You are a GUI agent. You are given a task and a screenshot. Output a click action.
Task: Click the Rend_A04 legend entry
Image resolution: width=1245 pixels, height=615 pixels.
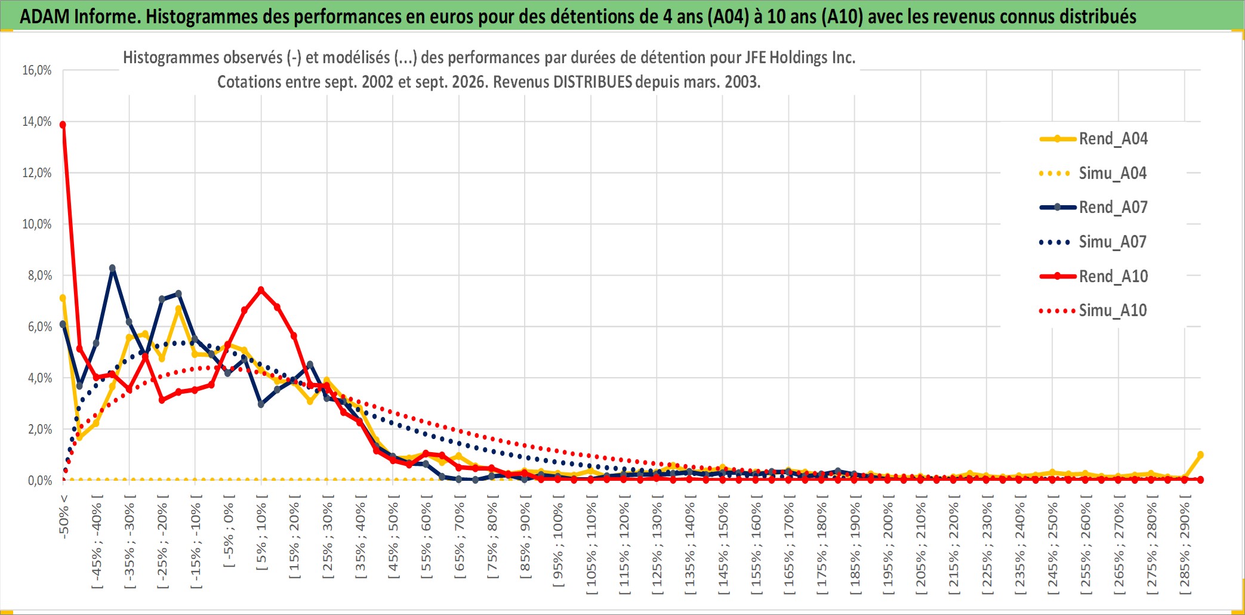coord(1093,138)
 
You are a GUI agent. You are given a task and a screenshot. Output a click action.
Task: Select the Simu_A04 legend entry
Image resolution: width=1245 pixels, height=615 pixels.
coord(1093,173)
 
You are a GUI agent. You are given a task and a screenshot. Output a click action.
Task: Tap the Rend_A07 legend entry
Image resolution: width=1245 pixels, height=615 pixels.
coord(1093,207)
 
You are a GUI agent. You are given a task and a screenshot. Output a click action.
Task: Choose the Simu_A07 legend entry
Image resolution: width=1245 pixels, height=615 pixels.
coord(1093,242)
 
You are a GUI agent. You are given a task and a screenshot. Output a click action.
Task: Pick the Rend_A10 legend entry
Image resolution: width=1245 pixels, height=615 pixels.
coord(1093,276)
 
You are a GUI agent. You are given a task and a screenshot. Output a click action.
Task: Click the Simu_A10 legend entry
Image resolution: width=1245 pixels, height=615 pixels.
coord(1093,310)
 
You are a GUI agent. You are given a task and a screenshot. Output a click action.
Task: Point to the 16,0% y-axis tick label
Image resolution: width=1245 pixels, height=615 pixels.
coord(37,70)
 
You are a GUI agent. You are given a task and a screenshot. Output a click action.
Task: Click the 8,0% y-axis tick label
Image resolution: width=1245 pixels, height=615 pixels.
coord(40,276)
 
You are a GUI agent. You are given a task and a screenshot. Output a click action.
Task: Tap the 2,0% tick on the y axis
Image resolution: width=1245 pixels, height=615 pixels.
coord(40,429)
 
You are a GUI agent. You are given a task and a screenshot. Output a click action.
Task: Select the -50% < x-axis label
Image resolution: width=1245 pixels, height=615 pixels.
coord(64,517)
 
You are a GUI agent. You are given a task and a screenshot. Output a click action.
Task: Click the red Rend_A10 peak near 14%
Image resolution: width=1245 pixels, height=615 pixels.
coord(63,125)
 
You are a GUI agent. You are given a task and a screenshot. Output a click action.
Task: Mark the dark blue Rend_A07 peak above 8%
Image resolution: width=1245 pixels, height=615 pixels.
coord(112,268)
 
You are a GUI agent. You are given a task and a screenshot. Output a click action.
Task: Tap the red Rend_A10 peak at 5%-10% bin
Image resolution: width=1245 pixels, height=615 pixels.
coord(261,290)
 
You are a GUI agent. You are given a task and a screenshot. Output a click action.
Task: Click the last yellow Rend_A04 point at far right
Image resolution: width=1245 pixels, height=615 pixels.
coord(1200,455)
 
